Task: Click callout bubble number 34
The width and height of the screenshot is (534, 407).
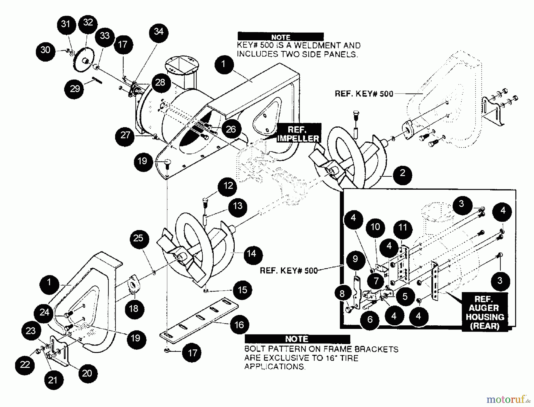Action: [158, 32]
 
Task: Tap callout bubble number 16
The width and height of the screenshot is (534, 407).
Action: [239, 325]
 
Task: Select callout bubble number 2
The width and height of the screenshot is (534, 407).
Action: [402, 173]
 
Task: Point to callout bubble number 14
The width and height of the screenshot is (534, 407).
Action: [252, 254]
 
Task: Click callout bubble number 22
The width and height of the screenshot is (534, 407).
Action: [25, 365]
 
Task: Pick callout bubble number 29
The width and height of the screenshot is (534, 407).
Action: [74, 88]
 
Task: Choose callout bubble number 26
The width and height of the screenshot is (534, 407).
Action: [231, 129]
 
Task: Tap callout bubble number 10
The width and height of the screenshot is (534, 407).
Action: [375, 227]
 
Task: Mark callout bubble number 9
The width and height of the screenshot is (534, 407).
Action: [355, 259]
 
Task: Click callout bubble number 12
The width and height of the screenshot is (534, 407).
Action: [228, 186]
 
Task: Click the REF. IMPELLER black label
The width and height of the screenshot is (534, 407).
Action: [298, 134]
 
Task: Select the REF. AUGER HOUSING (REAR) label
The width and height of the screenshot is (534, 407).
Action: [484, 312]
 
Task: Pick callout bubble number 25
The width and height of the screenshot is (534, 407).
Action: [138, 238]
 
